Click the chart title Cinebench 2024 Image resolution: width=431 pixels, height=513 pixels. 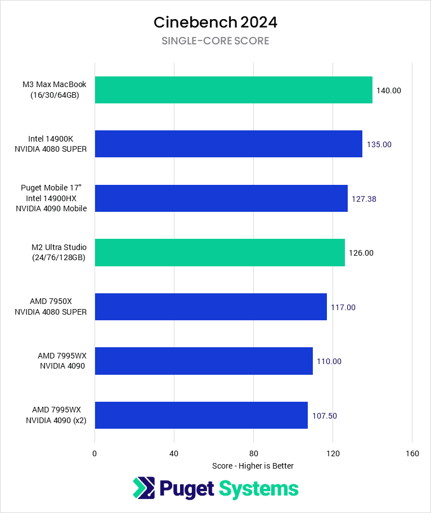215,22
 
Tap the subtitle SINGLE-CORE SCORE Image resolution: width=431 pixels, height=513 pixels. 215,41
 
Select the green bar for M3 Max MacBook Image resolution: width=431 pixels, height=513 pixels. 234,90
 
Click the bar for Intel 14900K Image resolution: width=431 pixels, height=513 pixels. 228,144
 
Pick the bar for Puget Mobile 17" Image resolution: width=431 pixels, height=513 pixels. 221,198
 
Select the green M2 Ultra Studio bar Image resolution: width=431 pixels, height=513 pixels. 219,252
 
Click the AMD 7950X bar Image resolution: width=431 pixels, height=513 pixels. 210,307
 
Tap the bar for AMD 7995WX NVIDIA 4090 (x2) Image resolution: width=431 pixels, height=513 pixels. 201,415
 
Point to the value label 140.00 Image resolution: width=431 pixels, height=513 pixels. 389,90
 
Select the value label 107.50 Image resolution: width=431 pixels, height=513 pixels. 325,416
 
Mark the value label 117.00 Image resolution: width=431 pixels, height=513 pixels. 343,307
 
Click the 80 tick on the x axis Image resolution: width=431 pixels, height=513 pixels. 253,453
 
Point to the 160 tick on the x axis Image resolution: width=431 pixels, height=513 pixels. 412,453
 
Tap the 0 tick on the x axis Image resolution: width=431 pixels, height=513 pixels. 95,453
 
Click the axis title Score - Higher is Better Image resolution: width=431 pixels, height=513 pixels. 253,466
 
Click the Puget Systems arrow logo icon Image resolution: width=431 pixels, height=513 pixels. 143,488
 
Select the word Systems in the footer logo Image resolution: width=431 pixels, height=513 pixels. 258,488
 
